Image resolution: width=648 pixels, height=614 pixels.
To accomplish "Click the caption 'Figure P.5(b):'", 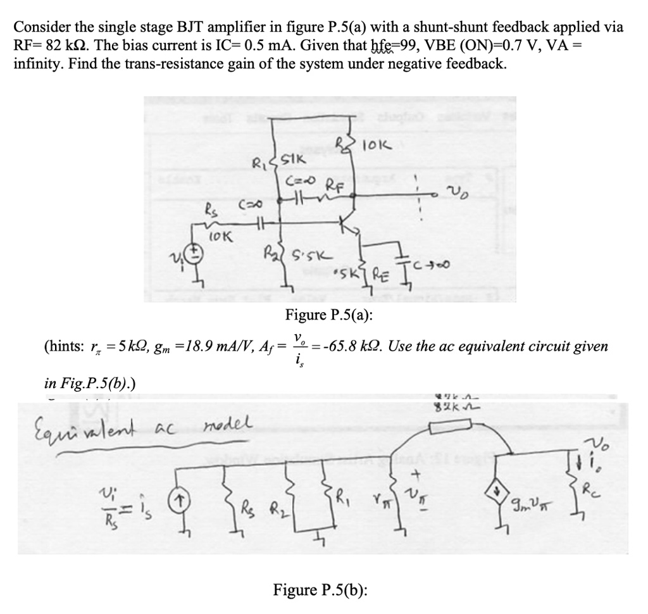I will tap(321, 590).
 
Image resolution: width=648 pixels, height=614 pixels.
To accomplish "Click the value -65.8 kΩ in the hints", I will tap(350, 346).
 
